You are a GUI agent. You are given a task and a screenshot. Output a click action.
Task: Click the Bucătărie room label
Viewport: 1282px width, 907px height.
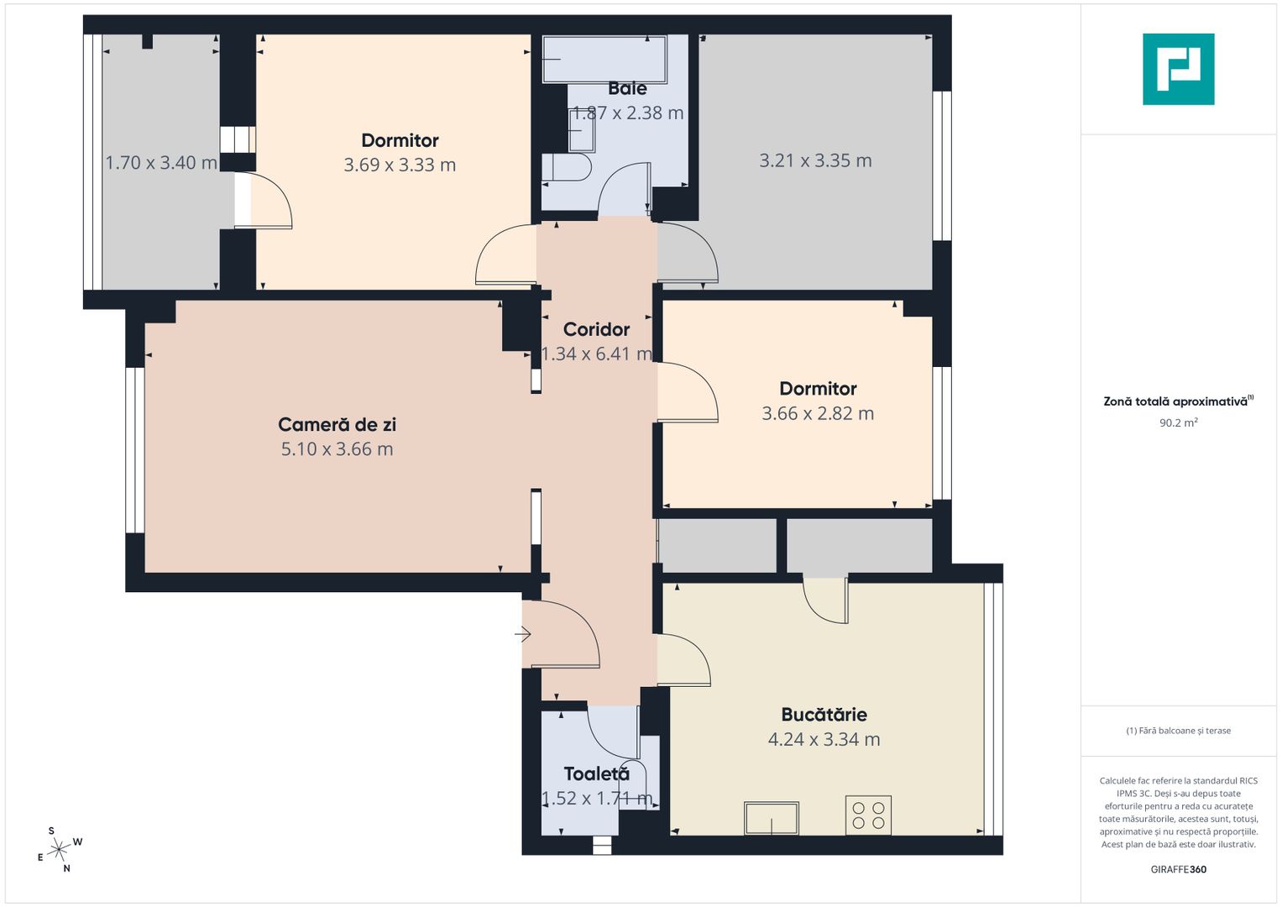pos(824,715)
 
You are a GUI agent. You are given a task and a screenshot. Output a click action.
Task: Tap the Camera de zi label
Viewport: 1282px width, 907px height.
pos(337,425)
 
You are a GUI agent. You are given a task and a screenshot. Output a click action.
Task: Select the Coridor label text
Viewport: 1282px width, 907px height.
pos(596,329)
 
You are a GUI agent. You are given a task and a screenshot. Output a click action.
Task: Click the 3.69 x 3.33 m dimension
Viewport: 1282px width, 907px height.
pos(400,165)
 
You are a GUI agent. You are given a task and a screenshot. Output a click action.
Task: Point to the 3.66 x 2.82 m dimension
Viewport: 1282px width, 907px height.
pos(818,414)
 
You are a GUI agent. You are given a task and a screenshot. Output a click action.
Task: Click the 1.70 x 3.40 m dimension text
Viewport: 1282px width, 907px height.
pos(160,163)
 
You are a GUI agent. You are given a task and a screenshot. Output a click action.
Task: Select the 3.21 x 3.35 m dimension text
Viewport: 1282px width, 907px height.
pos(815,160)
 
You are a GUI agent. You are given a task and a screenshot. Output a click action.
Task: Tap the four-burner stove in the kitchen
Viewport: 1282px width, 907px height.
pos(868,815)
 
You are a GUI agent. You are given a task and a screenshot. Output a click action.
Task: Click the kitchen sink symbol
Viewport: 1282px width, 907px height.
pos(771,818)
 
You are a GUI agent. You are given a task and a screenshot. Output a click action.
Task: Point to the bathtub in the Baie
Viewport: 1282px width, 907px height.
pos(604,59)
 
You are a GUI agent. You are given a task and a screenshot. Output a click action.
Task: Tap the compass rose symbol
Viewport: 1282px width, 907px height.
pos(59,850)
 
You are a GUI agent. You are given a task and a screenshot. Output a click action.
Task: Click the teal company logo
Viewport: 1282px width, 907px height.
pos(1178,69)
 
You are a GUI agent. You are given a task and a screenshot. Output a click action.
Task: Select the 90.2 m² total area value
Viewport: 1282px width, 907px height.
pos(1178,423)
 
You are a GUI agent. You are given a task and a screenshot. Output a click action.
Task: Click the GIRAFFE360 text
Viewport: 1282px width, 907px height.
pos(1178,869)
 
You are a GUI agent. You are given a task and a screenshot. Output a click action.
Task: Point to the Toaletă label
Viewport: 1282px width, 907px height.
pos(596,774)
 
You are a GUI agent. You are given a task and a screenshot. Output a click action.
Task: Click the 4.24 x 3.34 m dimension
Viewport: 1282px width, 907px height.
pos(824,740)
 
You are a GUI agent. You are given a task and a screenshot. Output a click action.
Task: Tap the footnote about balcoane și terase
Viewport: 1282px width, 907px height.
pos(1178,731)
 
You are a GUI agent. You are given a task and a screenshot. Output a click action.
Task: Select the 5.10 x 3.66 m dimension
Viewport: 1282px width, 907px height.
pos(337,449)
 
